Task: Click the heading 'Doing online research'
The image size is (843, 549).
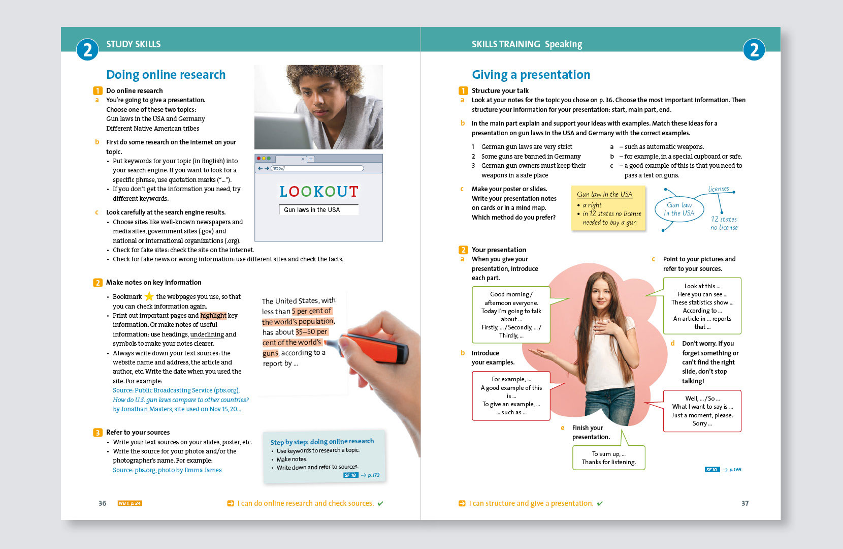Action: click(x=166, y=75)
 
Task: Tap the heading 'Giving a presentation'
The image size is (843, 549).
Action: click(x=531, y=75)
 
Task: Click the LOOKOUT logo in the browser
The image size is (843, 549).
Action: click(x=318, y=192)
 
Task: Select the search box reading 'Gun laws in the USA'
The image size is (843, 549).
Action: click(x=318, y=210)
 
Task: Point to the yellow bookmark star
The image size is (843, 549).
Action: click(x=149, y=296)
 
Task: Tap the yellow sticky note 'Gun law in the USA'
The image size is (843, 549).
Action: click(x=608, y=208)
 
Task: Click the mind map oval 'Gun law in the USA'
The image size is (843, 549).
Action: click(x=679, y=209)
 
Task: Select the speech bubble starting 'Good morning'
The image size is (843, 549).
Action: click(x=511, y=315)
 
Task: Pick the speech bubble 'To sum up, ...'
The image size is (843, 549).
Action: click(x=608, y=457)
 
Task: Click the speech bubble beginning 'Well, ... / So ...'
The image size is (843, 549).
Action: click(x=702, y=411)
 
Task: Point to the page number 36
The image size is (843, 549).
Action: click(x=103, y=503)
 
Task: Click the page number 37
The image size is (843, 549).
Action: click(x=744, y=503)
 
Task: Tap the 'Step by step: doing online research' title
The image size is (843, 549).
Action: click(x=322, y=442)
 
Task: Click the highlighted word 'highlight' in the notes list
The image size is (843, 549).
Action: click(x=213, y=316)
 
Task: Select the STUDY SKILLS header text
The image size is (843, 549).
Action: click(x=133, y=44)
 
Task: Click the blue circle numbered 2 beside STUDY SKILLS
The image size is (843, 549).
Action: click(x=87, y=50)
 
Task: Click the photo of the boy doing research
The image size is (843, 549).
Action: click(x=318, y=107)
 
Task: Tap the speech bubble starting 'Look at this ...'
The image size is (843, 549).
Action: click(x=702, y=306)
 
